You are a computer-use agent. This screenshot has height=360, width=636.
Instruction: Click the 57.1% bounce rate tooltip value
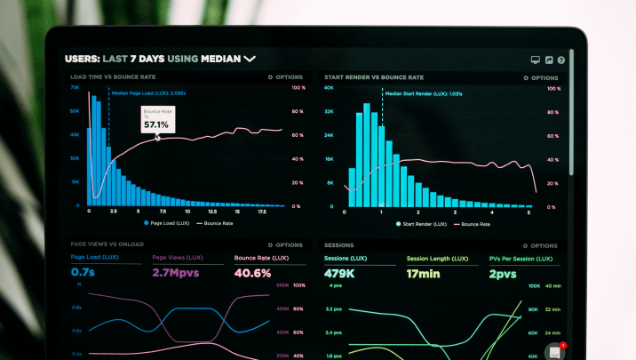tap(155, 124)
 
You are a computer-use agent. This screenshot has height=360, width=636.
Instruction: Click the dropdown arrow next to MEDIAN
tap(250, 59)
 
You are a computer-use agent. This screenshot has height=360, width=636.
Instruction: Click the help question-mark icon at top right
tap(561, 60)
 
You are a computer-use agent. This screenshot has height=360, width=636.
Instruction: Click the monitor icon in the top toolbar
tap(536, 60)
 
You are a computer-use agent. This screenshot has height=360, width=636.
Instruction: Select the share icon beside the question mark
tap(549, 60)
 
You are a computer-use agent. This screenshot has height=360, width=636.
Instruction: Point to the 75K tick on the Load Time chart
tap(75, 88)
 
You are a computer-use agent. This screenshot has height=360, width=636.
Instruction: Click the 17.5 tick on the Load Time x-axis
tap(263, 212)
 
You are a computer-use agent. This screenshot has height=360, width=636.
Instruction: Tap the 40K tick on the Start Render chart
tap(329, 88)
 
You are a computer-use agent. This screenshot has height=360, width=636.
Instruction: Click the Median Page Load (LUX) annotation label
tap(148, 92)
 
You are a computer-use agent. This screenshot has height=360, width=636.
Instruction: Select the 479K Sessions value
tap(340, 273)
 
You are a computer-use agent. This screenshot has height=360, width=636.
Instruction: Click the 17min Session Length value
tap(424, 273)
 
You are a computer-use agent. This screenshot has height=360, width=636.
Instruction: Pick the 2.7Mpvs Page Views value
tap(176, 272)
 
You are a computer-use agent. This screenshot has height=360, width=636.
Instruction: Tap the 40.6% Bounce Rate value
tap(252, 272)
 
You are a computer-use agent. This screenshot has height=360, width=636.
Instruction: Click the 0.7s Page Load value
tap(83, 272)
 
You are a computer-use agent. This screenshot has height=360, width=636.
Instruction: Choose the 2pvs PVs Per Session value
tap(502, 273)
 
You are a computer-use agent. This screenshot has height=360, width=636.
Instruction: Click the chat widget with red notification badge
tap(554, 350)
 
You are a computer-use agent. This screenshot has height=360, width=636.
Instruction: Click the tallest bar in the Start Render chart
tap(364, 156)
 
